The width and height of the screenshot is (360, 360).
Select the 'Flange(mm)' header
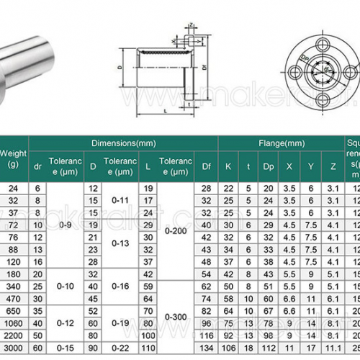275,143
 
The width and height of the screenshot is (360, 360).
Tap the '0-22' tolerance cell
119,348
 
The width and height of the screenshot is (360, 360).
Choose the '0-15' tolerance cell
65,348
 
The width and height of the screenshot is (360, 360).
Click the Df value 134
207,348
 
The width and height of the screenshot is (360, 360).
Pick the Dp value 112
269,348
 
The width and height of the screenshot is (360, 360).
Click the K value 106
228,348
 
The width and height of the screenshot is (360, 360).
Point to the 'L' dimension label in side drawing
166,109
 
